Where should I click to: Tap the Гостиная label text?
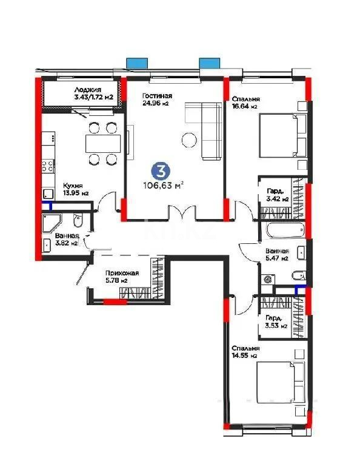point(157,96)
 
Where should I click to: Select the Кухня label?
point(72,186)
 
